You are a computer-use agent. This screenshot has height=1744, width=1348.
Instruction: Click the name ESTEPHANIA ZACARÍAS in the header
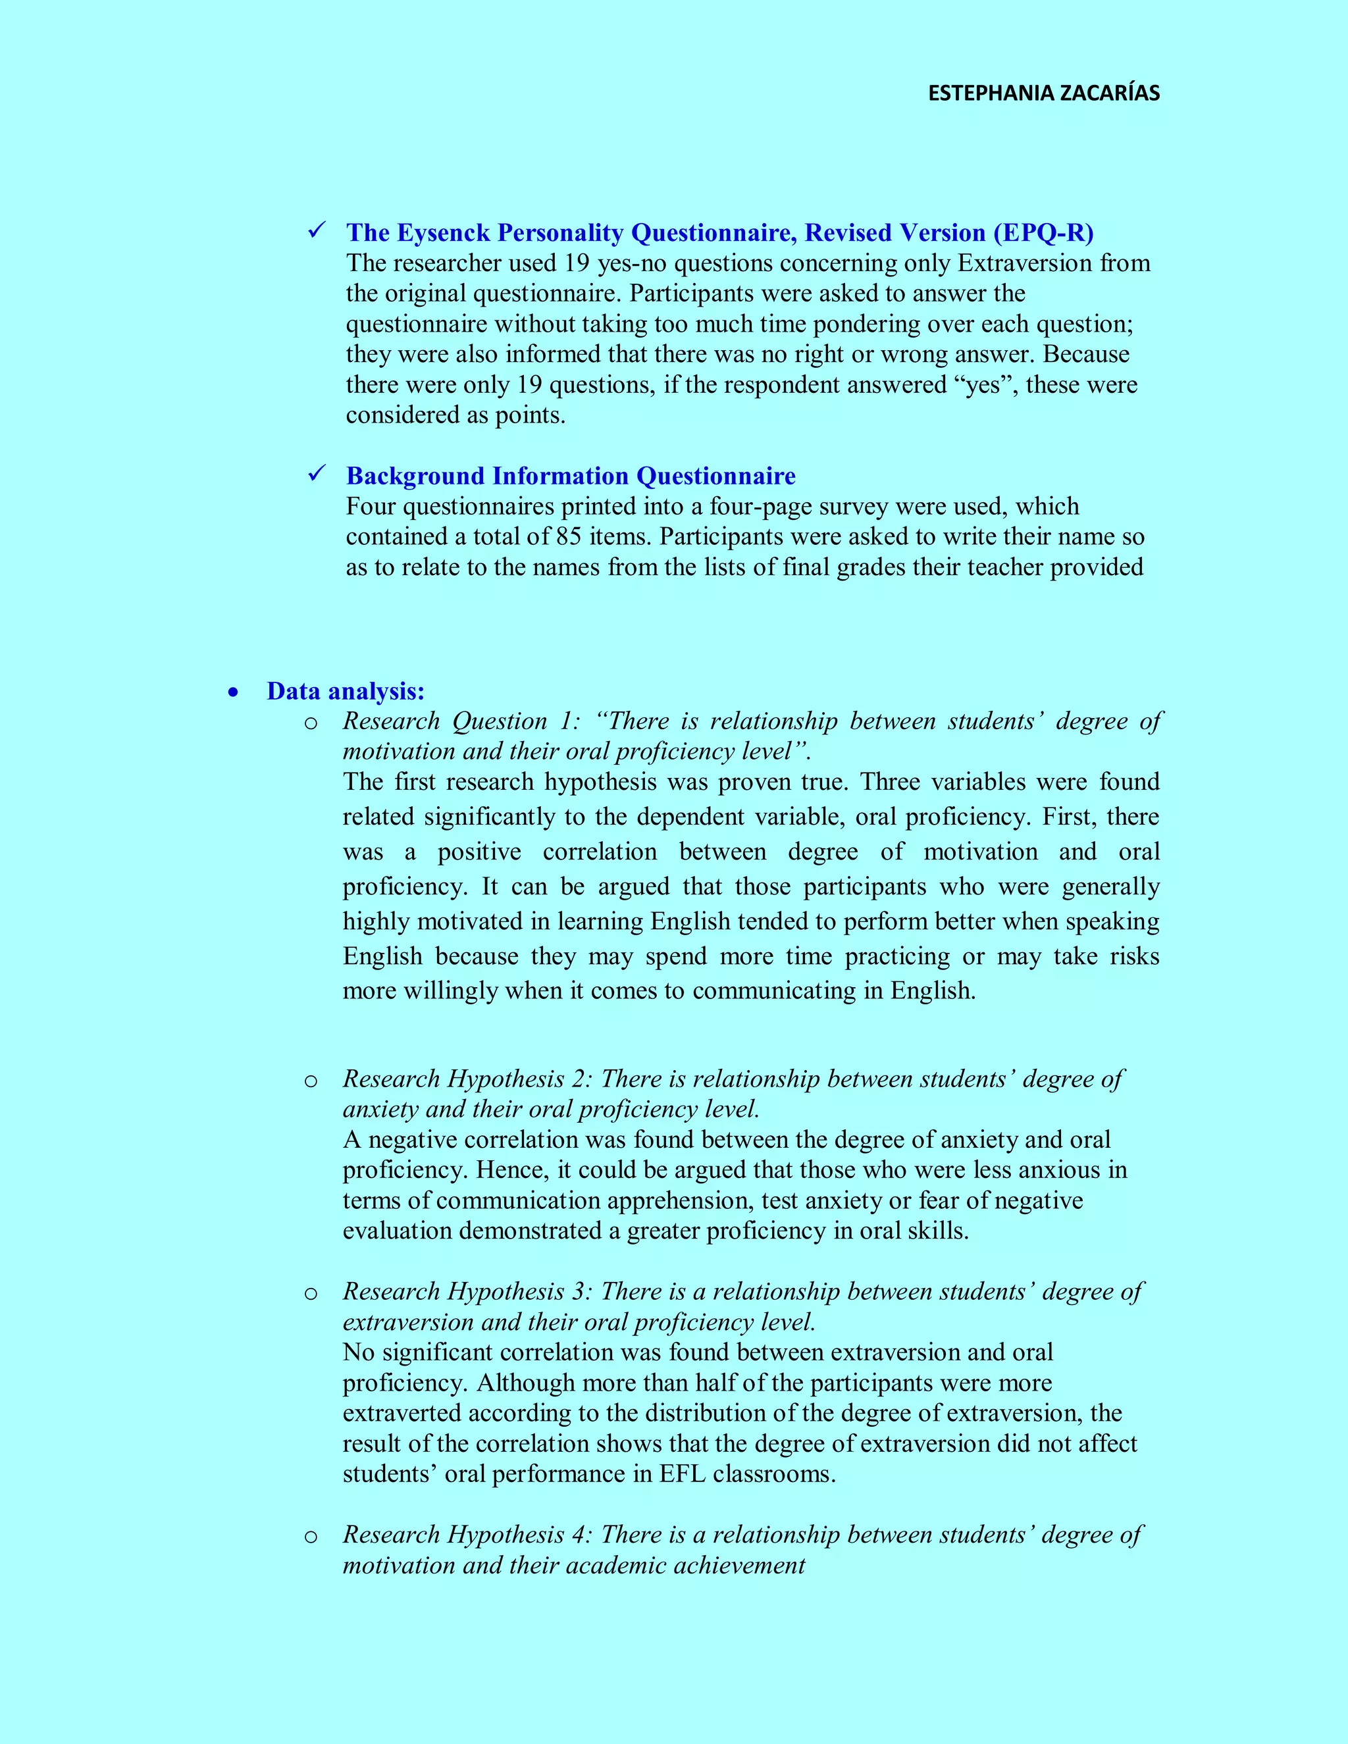[x=1043, y=93]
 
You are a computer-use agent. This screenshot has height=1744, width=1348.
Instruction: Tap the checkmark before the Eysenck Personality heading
[x=315, y=231]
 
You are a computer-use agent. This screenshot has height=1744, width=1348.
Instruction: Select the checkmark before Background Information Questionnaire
[x=315, y=474]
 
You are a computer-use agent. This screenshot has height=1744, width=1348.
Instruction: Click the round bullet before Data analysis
[x=233, y=692]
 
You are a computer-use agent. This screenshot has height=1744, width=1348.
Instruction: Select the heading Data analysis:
[x=345, y=691]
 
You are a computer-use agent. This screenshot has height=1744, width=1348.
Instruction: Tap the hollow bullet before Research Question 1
[x=311, y=723]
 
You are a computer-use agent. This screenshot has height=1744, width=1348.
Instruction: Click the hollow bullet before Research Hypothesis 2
[x=311, y=1081]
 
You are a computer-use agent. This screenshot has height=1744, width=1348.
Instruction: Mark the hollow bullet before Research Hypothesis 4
[x=311, y=1537]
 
